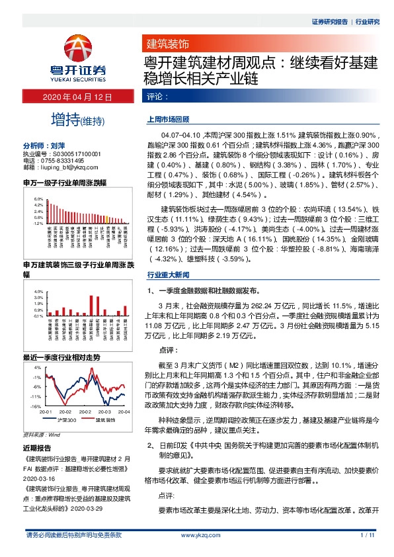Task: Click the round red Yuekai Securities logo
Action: pos(79,48)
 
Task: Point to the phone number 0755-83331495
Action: pos(61,160)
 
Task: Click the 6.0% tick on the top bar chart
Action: pos(39,199)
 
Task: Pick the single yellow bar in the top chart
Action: pos(107,219)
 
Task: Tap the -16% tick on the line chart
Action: pos(37,406)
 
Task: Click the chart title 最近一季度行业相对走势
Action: pos(61,357)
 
